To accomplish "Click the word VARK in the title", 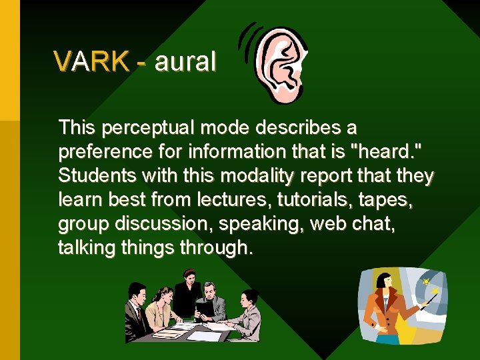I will click(92, 62).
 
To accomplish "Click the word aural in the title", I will click(185, 62).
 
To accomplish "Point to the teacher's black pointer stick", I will click(429, 301).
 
